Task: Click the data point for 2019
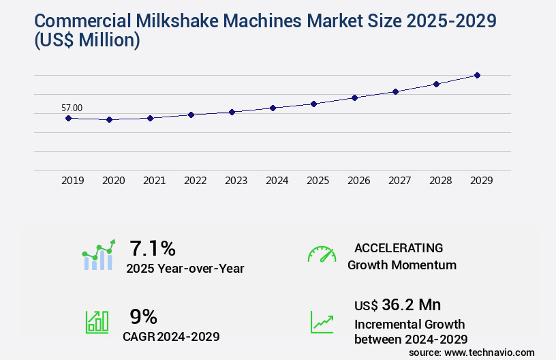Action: (x=68, y=118)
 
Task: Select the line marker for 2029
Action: (x=477, y=75)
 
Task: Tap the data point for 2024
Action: (x=273, y=108)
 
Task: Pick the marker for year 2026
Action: (x=354, y=97)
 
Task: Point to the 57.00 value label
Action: (x=72, y=108)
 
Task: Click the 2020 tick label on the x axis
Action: (x=113, y=181)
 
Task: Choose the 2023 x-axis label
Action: (x=236, y=181)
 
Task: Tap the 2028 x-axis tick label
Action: (x=440, y=181)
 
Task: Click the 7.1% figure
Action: (x=153, y=247)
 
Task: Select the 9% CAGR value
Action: (x=144, y=316)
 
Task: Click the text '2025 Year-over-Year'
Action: (x=185, y=269)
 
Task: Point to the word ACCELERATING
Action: (x=399, y=247)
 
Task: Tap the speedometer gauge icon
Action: (x=322, y=254)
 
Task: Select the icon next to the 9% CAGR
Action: (x=97, y=321)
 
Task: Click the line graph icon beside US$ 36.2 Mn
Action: (x=322, y=321)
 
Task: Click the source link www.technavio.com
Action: (x=490, y=352)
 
